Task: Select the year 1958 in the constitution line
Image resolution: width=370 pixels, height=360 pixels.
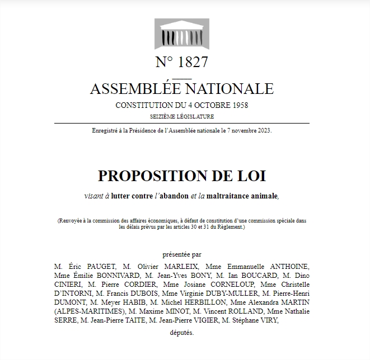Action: [x=239, y=105]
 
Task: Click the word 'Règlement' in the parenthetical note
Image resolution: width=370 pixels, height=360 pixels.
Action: [x=230, y=227]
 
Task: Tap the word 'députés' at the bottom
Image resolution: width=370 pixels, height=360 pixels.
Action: [x=181, y=333]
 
